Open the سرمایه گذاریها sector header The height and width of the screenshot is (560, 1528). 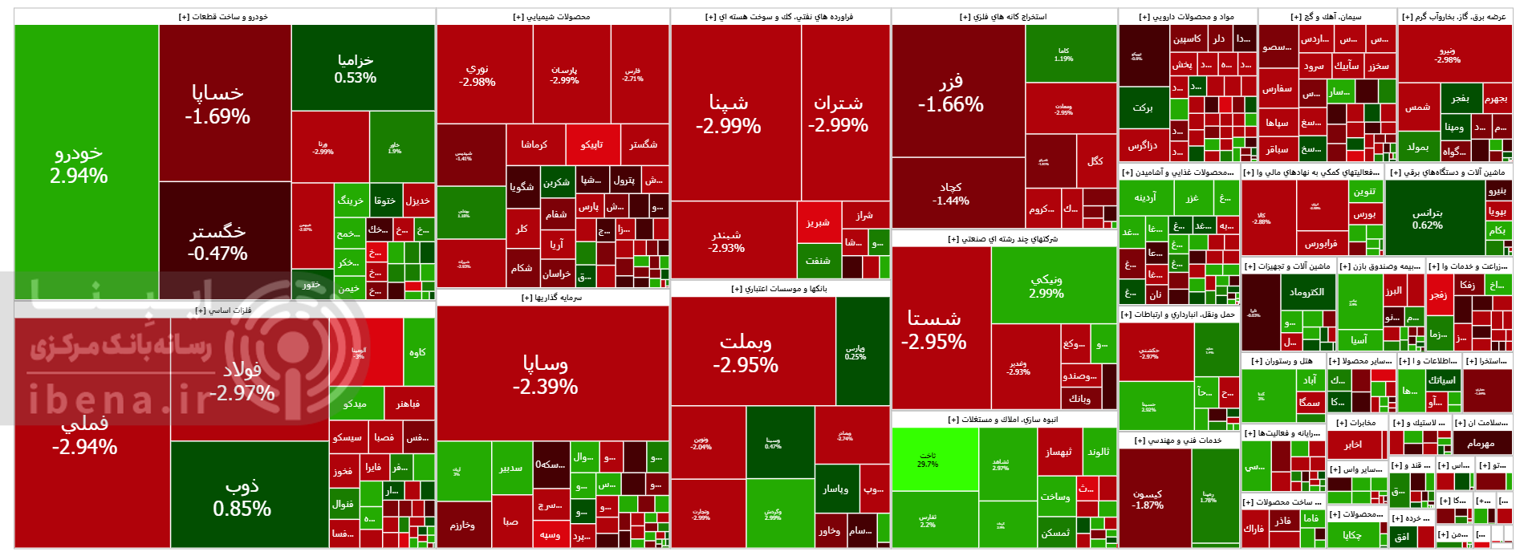click(x=552, y=298)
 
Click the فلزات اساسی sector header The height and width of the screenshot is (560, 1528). click(x=225, y=310)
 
